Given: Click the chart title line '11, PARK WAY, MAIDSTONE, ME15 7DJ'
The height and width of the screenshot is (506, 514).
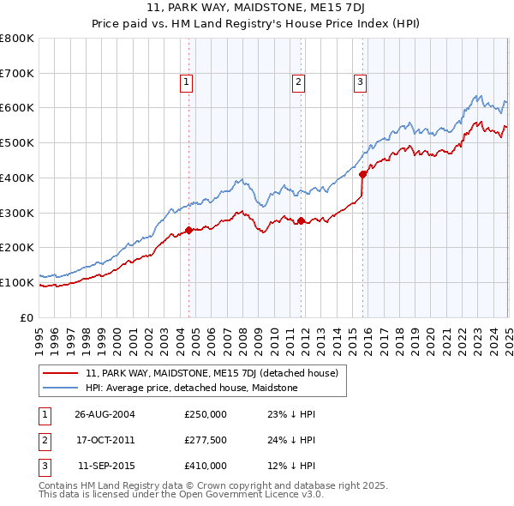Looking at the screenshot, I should click(x=256, y=9).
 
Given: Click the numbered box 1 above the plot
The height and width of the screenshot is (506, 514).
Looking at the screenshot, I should click(x=186, y=82).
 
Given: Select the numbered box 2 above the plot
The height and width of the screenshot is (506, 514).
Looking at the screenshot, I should click(x=298, y=82).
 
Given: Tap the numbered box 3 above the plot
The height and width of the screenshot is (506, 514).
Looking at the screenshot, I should click(x=360, y=82).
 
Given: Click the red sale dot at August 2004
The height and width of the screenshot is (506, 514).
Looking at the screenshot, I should click(x=189, y=229).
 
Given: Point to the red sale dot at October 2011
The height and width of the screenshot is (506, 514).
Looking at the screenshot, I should click(x=302, y=220).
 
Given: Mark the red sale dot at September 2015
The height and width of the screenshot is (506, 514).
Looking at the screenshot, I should click(x=362, y=174).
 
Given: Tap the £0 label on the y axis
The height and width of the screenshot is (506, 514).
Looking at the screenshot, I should click(x=27, y=317).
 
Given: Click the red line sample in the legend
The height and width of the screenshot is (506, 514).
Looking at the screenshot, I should click(x=61, y=373).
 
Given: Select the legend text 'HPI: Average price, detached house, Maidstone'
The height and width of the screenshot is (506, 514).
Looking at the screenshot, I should click(x=191, y=388).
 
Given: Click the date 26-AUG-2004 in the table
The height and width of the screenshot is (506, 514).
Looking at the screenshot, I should click(x=105, y=414).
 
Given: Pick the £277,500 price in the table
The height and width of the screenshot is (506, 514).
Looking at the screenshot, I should click(x=206, y=440).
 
